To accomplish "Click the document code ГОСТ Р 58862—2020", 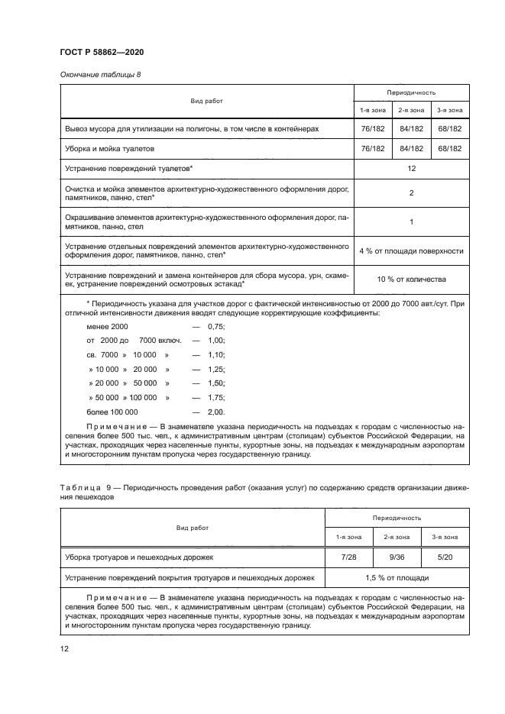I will click(102, 51).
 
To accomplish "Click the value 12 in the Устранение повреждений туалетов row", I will click(411, 166).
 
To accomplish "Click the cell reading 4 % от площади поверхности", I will click(411, 250).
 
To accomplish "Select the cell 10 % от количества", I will click(411, 279).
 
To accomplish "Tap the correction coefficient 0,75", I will click(216, 326).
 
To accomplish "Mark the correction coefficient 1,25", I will click(216, 369).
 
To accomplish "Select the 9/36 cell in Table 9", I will click(396, 557).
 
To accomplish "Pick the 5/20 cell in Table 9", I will click(445, 557).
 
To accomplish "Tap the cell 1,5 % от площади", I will click(396, 578).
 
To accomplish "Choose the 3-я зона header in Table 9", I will click(445, 537).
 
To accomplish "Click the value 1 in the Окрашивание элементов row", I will click(411, 221).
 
